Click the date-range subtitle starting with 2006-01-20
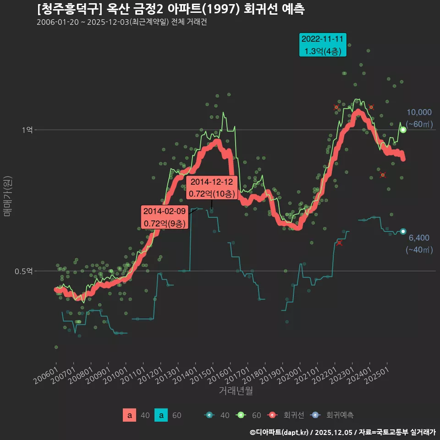121,22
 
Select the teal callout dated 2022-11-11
323,45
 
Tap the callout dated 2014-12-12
211,187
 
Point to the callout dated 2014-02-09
165,217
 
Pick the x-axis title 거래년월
236,390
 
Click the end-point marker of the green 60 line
403,130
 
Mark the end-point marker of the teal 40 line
403,231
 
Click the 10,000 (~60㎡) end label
419,118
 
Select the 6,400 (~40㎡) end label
419,244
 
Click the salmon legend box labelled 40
130,415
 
